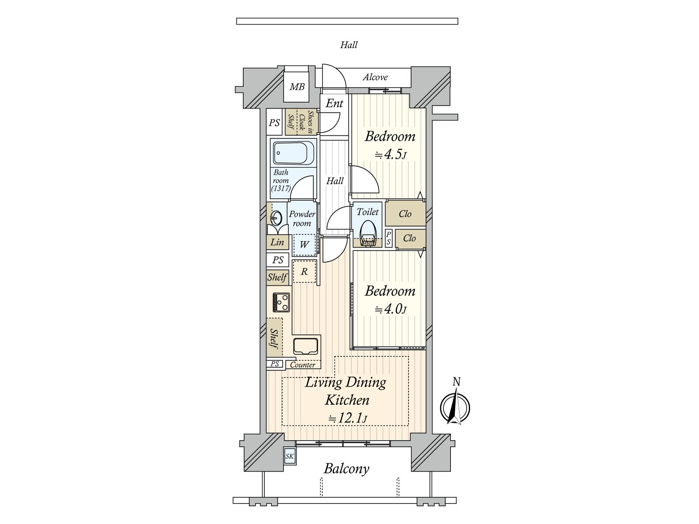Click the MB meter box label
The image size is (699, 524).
click(x=297, y=86)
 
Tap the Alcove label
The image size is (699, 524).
click(x=375, y=77)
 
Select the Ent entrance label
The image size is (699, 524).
click(x=334, y=103)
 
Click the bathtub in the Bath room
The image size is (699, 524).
click(x=294, y=153)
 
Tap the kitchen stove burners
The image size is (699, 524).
click(x=281, y=302)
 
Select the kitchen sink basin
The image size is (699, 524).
click(x=305, y=345)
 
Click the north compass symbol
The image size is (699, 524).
click(x=455, y=407)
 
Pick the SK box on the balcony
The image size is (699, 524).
click(x=290, y=456)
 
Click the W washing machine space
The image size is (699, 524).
click(x=304, y=245)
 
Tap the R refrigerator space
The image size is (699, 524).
click(x=304, y=271)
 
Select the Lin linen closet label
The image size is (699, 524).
click(x=277, y=242)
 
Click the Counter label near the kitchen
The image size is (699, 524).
click(x=302, y=365)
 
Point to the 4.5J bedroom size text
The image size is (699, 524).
click(x=391, y=155)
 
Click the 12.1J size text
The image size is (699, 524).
click(x=348, y=418)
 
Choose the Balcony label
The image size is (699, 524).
click(x=346, y=469)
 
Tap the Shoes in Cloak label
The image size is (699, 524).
click(x=306, y=122)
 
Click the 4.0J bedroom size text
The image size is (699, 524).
click(x=391, y=309)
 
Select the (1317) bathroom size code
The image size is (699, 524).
click(x=281, y=188)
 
